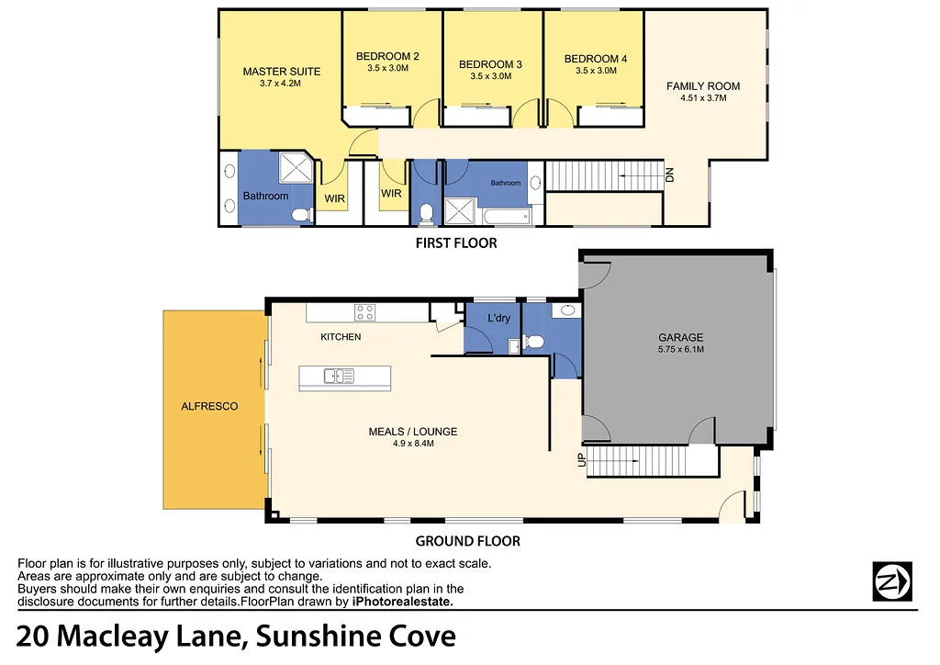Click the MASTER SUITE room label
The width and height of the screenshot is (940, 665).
(x=282, y=71)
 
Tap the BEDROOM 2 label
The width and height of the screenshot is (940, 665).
(x=387, y=57)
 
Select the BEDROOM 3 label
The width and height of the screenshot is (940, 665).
(x=490, y=64)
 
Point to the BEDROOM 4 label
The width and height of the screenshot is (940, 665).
(x=595, y=59)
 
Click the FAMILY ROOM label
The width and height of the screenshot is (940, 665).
(x=703, y=86)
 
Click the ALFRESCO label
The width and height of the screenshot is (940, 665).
(x=209, y=406)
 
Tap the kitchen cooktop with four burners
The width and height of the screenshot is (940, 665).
(x=365, y=312)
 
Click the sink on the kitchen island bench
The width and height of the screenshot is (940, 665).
(x=338, y=375)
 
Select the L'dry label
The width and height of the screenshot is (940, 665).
(x=499, y=318)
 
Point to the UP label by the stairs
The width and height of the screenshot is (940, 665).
(x=581, y=460)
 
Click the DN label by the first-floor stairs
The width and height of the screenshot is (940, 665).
(x=669, y=175)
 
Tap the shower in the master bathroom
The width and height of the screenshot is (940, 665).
(x=296, y=169)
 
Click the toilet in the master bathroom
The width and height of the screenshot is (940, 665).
(x=299, y=214)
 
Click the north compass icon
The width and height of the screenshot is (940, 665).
(x=891, y=580)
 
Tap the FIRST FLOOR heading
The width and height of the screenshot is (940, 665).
(x=456, y=243)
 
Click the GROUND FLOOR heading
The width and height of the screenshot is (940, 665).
(x=467, y=541)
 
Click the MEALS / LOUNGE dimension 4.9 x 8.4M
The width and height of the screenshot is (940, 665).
(x=412, y=444)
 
